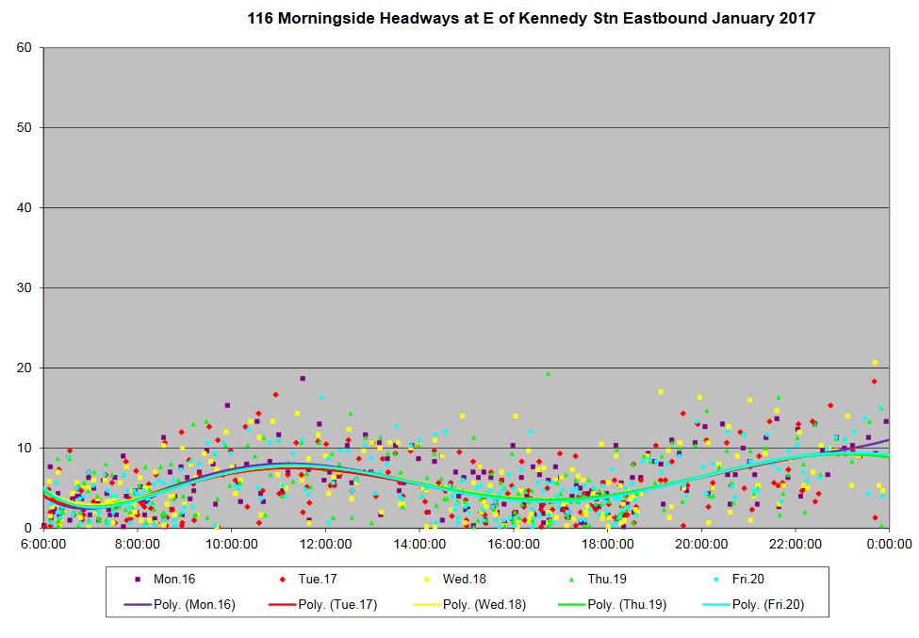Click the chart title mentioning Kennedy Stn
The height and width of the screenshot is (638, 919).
(x=531, y=18)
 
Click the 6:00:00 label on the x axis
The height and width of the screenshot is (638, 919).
(x=42, y=544)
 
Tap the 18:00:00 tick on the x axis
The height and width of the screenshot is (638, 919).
(x=607, y=544)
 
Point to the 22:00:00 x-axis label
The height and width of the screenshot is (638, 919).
(x=795, y=544)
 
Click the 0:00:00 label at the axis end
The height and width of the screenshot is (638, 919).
(x=889, y=544)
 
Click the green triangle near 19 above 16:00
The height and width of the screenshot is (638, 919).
(x=548, y=373)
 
